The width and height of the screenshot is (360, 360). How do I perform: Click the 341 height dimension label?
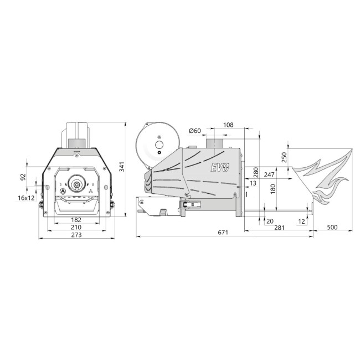[122, 167]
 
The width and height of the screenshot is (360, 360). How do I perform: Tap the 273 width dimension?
[76, 235]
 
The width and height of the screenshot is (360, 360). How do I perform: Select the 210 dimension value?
[76, 227]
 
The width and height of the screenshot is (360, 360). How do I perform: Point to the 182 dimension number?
[76, 220]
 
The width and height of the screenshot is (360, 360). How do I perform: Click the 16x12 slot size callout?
[27, 198]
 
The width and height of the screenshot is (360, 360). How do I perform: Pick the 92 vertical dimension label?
[23, 177]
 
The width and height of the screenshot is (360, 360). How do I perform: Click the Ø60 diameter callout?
[195, 131]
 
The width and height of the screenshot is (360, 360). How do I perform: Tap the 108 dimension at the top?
[228, 125]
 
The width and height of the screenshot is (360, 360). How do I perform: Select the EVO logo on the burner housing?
[220, 167]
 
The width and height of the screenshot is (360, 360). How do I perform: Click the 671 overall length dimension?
[223, 233]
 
